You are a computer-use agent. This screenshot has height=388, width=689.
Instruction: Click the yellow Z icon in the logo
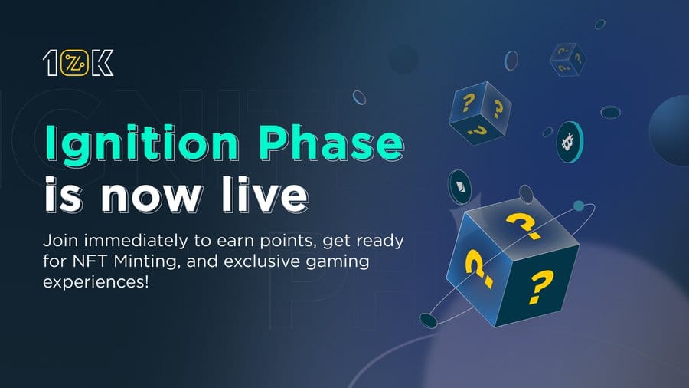(74, 62)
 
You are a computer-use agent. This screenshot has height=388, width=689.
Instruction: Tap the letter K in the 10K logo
(103, 62)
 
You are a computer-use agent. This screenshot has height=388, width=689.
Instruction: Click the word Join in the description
(60, 241)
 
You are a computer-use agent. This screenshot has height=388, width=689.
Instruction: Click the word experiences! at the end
(96, 282)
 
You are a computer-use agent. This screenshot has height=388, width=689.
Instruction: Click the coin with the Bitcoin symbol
(570, 142)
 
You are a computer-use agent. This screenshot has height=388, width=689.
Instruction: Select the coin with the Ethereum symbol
(459, 187)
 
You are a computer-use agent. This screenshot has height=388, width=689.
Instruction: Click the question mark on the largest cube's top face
(524, 225)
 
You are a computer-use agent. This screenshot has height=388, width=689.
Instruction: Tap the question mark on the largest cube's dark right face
(540, 287)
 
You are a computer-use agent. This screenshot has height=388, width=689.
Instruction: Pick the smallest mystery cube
(568, 59)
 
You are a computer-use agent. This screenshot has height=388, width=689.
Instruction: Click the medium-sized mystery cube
(480, 113)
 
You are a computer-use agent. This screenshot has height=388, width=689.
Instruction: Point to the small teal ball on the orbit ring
(580, 206)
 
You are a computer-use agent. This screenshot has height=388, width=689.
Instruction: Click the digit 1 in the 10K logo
(50, 62)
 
